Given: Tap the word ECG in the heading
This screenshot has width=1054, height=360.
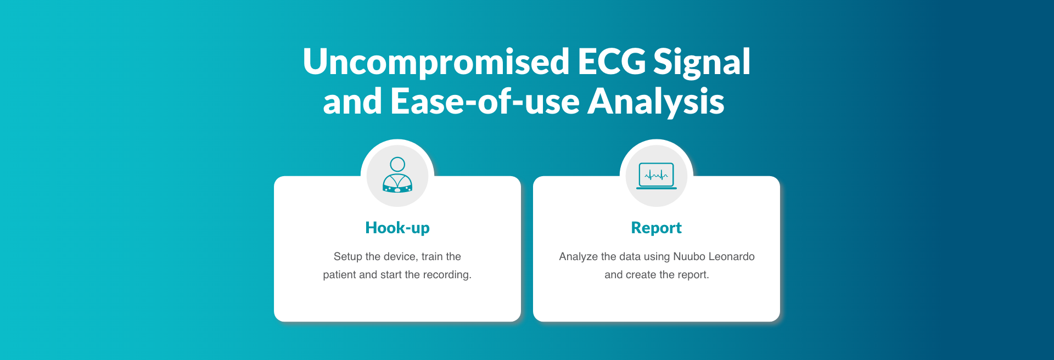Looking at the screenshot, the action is coord(611,61).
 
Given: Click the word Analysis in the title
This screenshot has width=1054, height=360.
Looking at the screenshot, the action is coord(656,103).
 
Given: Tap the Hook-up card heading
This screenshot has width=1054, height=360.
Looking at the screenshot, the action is coord(397,228).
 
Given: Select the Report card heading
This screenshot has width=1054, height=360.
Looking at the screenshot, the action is coord(657,228).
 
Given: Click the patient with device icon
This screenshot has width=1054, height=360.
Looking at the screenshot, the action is coord(397,175).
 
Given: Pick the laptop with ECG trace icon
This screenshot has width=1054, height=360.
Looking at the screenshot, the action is coord(657,176).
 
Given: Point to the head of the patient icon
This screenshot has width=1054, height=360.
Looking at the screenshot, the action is coord(397,164).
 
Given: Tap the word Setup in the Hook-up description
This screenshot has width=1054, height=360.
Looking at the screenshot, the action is coord(348,257).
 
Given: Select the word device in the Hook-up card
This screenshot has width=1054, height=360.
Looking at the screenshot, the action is coord(401,256).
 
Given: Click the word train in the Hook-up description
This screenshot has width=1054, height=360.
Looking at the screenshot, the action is coord(432,256).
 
